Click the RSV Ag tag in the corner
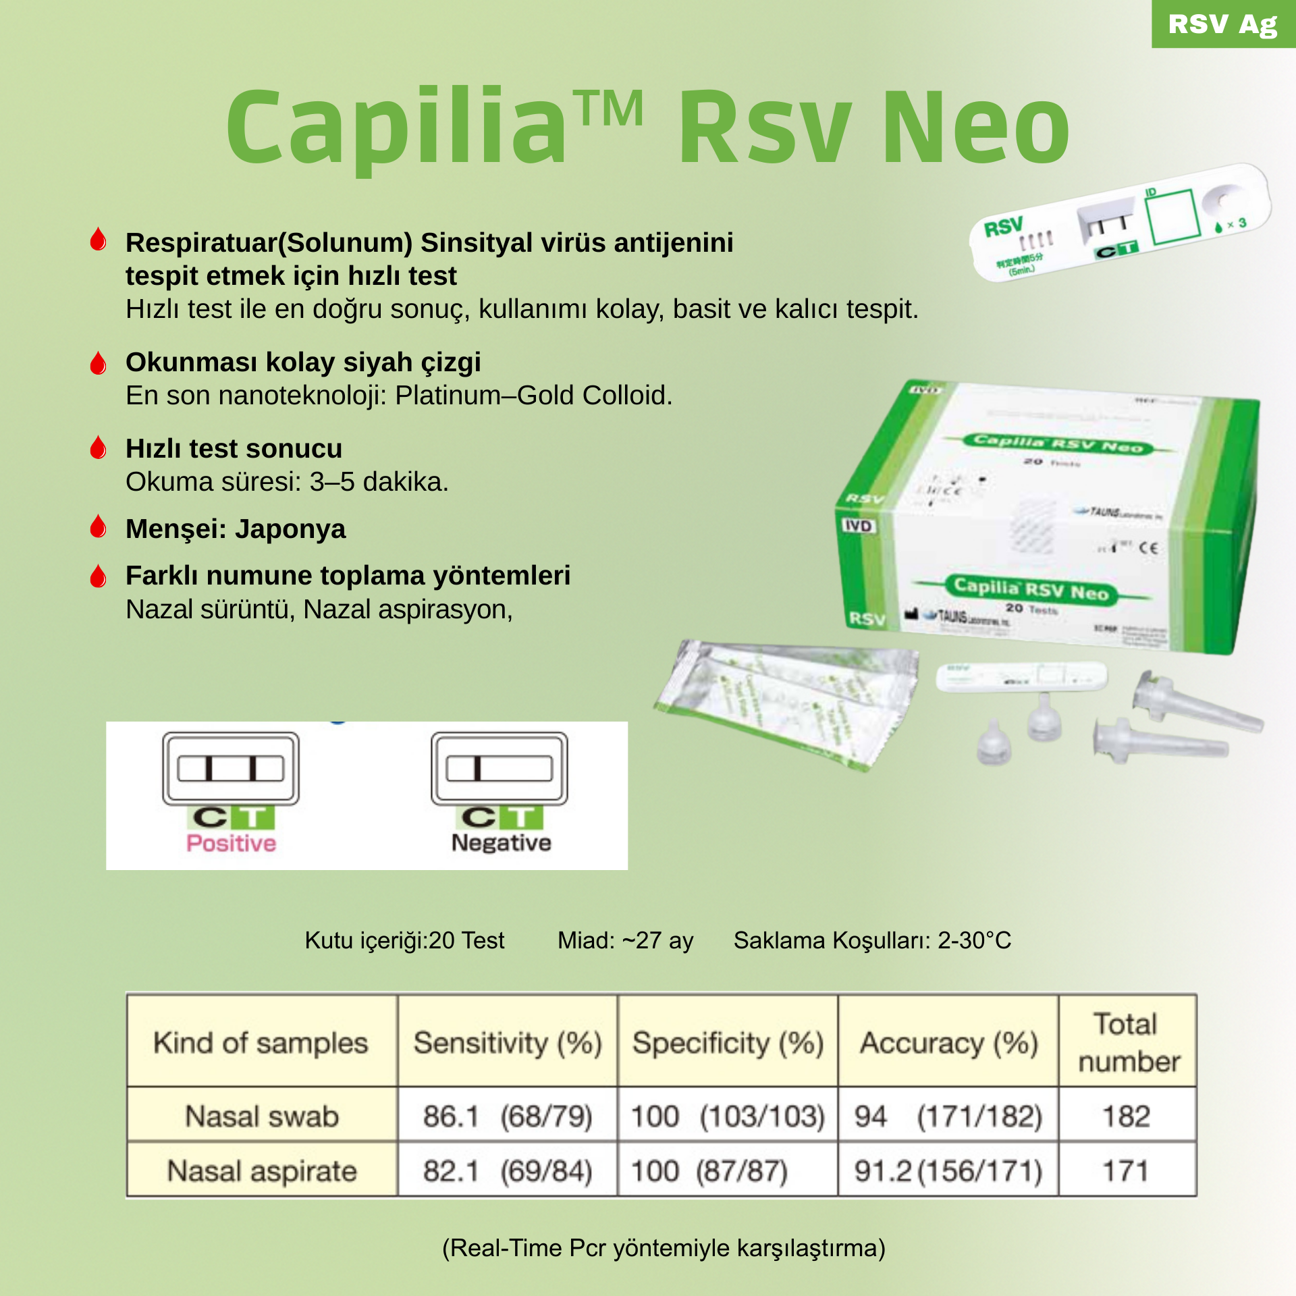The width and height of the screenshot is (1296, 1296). click(x=1222, y=24)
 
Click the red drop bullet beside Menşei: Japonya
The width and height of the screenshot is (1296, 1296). click(x=99, y=527)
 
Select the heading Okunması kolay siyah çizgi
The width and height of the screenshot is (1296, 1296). click(x=303, y=362)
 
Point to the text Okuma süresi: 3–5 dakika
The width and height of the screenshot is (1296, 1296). click(x=287, y=482)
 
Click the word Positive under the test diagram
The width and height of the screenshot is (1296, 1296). click(x=231, y=843)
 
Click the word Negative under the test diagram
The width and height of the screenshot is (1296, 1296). click(x=501, y=843)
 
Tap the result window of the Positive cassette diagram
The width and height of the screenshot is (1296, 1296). click(x=230, y=768)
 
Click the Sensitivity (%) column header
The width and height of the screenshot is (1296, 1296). click(x=508, y=1043)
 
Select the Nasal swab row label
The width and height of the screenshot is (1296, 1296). click(x=262, y=1116)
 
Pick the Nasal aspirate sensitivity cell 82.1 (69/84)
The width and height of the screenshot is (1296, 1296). click(x=508, y=1171)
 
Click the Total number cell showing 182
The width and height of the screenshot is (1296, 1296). click(x=1127, y=1116)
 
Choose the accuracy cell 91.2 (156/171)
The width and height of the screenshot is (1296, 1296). click(x=948, y=1171)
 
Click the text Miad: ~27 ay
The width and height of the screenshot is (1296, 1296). click(x=625, y=940)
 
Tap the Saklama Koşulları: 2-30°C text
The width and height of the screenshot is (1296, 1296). click(x=872, y=940)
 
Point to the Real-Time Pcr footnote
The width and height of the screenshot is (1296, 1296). click(x=664, y=1248)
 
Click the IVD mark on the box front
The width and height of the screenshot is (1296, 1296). click(x=858, y=525)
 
